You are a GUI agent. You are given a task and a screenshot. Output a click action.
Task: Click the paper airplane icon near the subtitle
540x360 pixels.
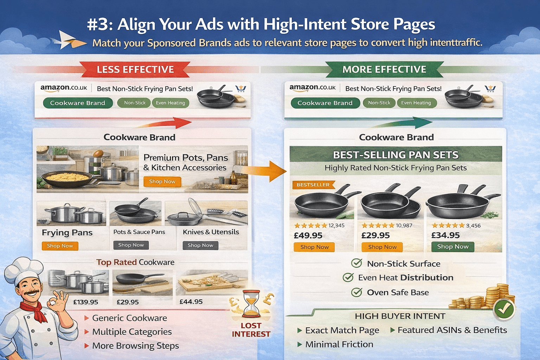point(72,40)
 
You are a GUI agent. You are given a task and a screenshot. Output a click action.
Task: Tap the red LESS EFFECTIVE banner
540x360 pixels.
point(135,69)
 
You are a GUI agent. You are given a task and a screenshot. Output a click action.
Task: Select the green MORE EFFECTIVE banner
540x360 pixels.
point(384,69)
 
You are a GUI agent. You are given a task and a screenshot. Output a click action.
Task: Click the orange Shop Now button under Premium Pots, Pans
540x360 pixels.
point(162,181)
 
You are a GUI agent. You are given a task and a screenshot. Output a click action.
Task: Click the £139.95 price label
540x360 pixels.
point(85,302)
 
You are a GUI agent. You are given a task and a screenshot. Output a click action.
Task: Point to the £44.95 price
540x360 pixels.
point(191,302)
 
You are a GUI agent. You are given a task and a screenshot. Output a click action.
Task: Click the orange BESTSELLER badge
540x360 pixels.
point(313,185)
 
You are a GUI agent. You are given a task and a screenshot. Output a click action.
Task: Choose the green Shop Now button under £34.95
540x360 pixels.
point(452,247)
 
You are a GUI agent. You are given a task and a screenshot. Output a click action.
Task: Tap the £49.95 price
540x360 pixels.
point(308,235)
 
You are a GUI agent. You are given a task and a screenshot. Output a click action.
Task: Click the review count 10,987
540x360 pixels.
point(404,225)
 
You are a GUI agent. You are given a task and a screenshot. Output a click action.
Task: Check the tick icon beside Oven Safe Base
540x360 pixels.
point(356,292)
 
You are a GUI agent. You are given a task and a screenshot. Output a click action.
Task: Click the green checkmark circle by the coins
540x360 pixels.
point(504,309)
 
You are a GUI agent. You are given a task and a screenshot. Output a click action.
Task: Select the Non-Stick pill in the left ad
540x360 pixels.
point(135,103)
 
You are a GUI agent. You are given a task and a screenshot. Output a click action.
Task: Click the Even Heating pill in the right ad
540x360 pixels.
point(416,103)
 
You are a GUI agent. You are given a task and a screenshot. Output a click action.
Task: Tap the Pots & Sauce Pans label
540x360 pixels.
point(139,232)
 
